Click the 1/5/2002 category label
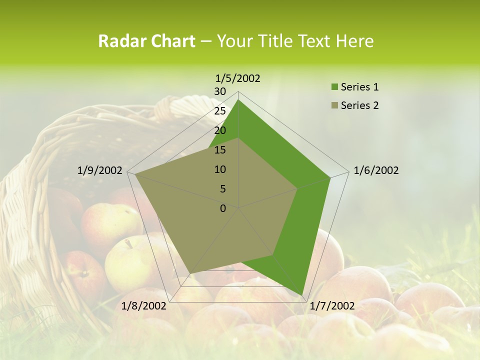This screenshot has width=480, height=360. click(237, 78)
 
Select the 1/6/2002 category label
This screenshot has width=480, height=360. click(376, 170)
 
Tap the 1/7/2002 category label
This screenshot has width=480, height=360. click(332, 306)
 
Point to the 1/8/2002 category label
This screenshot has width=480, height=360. click(144, 306)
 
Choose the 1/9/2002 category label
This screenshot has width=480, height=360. click(99, 170)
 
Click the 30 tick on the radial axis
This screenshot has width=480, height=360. click(220, 91)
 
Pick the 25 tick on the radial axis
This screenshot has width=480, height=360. click(220, 111)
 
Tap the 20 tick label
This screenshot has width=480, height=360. click(220, 130)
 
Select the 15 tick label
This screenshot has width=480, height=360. click(220, 150)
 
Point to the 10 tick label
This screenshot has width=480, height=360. click(220, 169)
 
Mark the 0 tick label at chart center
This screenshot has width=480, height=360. click(223, 208)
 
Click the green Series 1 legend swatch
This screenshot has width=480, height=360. click(334, 87)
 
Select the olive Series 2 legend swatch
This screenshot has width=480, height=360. click(334, 105)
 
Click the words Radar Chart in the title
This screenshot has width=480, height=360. click(146, 41)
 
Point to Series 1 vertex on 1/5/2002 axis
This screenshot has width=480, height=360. click(238, 100)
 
